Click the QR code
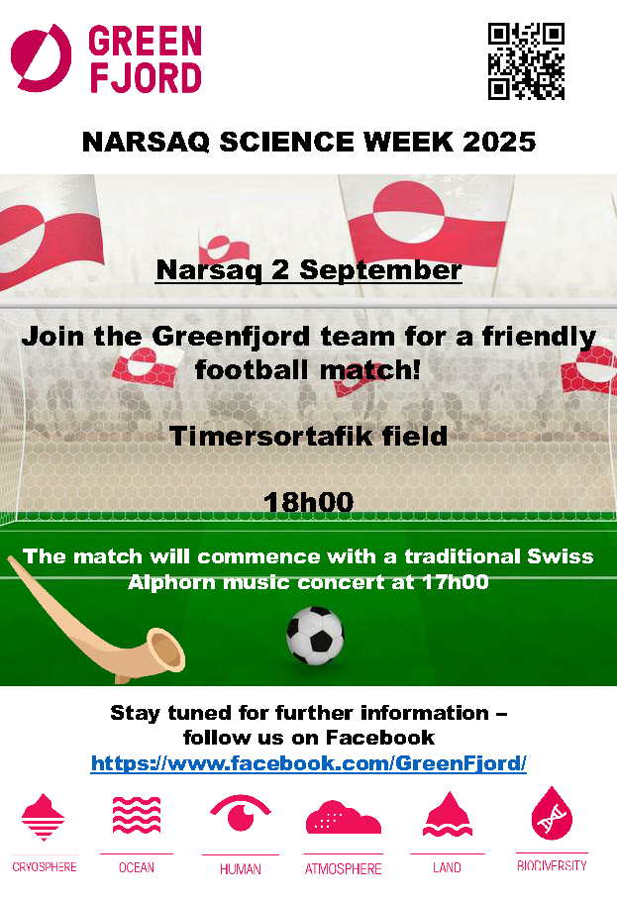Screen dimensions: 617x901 526,61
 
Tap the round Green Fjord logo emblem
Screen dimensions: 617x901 42,58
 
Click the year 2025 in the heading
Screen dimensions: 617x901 498,142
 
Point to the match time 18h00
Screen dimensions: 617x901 308,502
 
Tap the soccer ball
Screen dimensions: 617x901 315,636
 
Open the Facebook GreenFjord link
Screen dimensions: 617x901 309,763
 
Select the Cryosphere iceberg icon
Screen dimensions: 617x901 44,817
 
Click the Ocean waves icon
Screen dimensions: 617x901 137,816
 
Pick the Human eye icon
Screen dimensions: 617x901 241,813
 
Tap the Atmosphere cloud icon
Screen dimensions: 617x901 344,817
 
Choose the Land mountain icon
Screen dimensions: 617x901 448,814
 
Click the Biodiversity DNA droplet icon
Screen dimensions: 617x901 552,813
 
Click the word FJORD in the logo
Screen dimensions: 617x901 146,78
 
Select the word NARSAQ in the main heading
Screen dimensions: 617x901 146,142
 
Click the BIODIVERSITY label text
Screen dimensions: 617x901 552,866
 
